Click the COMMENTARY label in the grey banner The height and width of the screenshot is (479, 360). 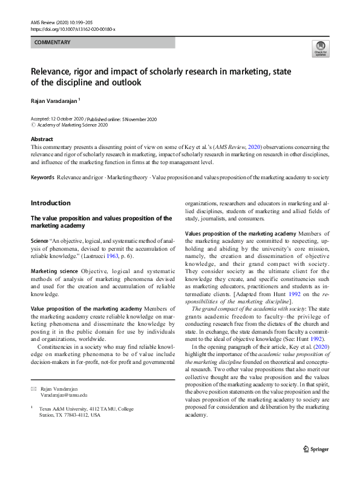click(52, 42)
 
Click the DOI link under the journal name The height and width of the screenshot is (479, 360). click(72, 28)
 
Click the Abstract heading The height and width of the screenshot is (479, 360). click(43, 139)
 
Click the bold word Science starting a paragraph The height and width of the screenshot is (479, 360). click(42, 240)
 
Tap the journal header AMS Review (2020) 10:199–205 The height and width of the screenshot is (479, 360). click(67, 22)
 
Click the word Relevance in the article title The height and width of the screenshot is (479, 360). click(54, 71)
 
